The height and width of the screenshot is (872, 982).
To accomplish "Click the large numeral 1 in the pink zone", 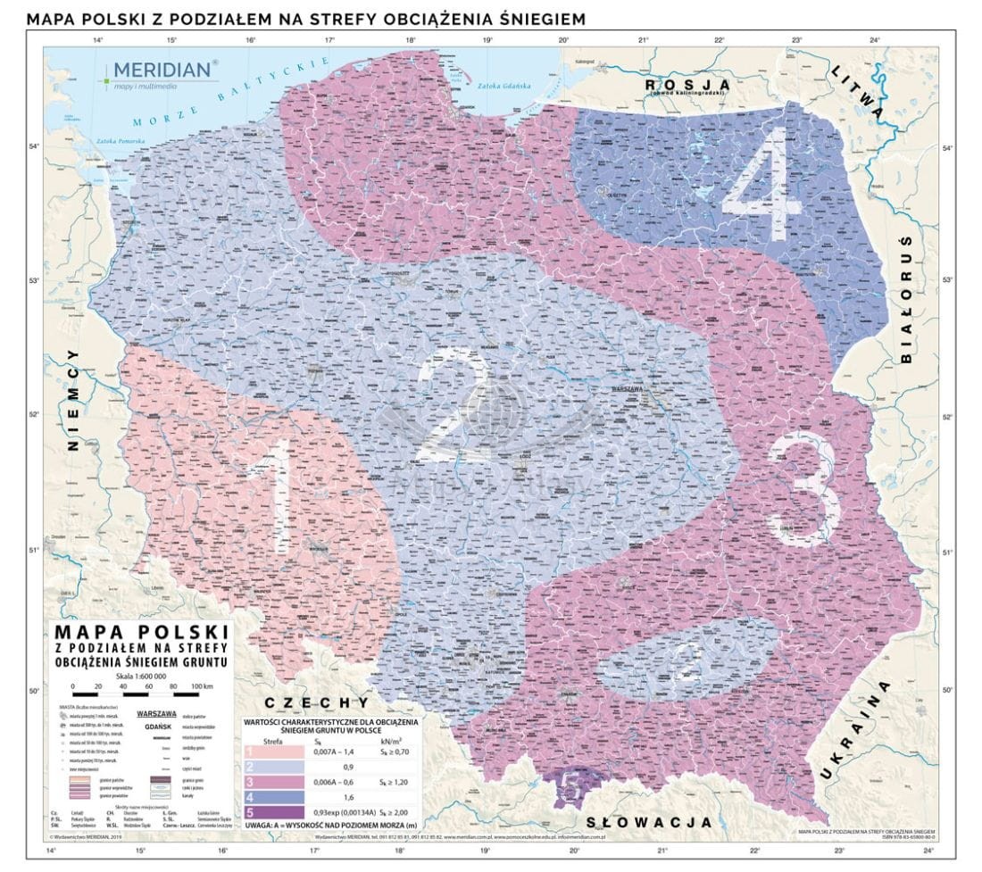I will click(x=279, y=495).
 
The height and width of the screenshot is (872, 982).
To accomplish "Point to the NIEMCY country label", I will click(x=73, y=403).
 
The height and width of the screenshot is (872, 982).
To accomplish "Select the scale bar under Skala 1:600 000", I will click(x=143, y=693).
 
